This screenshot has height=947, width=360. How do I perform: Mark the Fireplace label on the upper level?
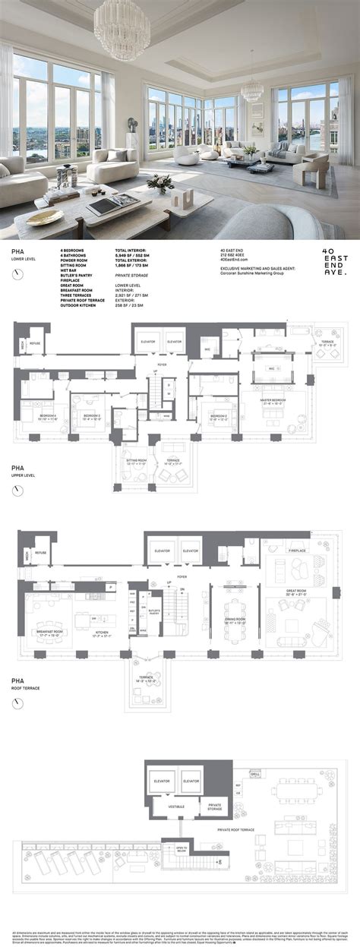297,551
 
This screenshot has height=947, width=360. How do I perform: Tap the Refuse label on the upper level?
39,554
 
